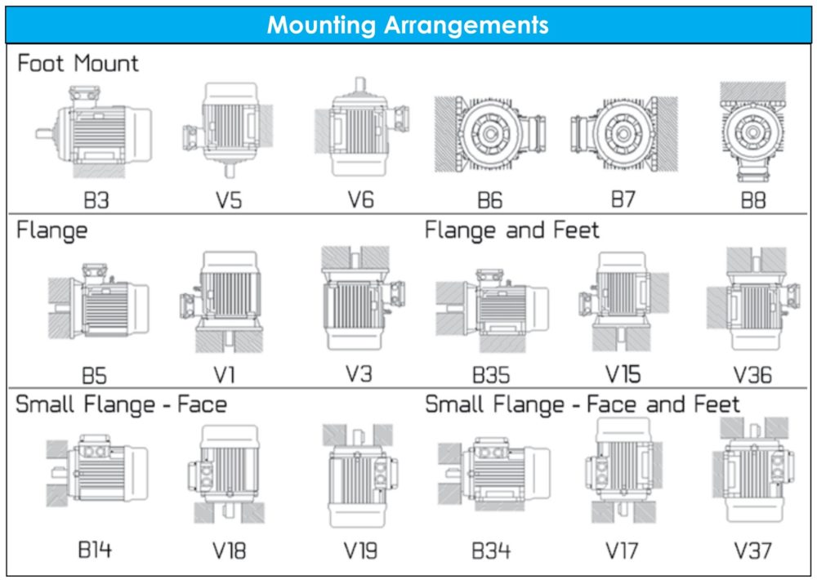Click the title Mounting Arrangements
pyautogui.click(x=408, y=25)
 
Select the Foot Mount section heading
pyautogui.click(x=78, y=63)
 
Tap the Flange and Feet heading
pyautogui.click(x=511, y=230)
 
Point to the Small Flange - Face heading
pyautogui.click(x=121, y=404)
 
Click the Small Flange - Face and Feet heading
pyautogui.click(x=582, y=404)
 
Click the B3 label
pyautogui.click(x=96, y=200)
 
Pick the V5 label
pyautogui.click(x=229, y=200)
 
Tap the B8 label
pyautogui.click(x=753, y=200)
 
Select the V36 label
pyautogui.click(x=752, y=375)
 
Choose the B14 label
pyautogui.click(x=95, y=549)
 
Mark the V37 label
pyautogui.click(x=752, y=551)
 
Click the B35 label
pyautogui.click(x=491, y=375)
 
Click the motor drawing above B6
pyautogui.click(x=490, y=134)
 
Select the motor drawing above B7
pyautogui.click(x=623, y=134)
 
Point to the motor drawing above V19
pyautogui.click(x=359, y=475)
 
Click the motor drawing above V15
pyautogui.click(x=623, y=301)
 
